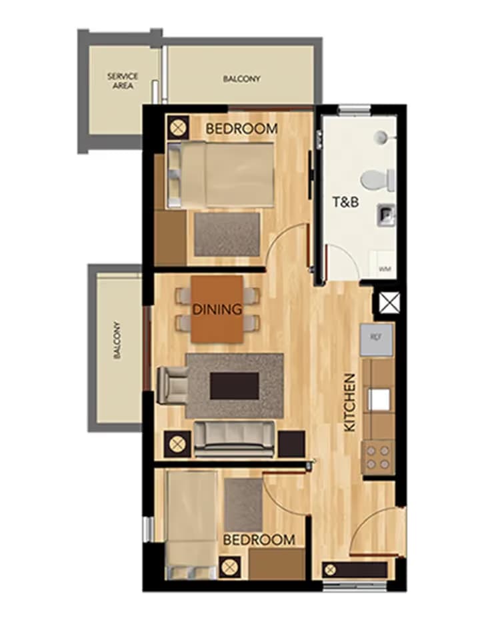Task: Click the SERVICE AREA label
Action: coord(123,81)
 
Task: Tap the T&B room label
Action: coord(346,201)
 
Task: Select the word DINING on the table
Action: coord(217,309)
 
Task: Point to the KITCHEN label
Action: coord(350,402)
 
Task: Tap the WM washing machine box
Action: coord(385,268)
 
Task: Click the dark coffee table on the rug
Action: coord(234,385)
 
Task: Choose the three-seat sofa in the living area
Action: coord(234,439)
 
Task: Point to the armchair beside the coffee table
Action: coord(171,385)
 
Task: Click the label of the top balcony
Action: coord(241,79)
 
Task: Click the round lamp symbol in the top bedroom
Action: coord(177,126)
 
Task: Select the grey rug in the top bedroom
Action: coord(227,234)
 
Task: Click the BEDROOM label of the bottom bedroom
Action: coord(259,539)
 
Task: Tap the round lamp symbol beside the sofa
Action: coord(177,444)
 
